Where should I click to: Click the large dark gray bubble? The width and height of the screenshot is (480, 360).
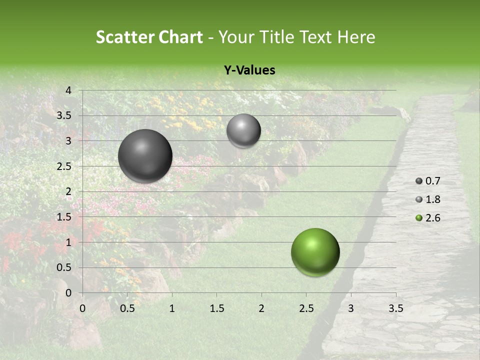[145, 156]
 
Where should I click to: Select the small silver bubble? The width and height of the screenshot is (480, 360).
[243, 130]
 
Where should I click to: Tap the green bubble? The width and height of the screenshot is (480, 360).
[315, 252]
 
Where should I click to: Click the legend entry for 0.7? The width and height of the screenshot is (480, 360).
[428, 181]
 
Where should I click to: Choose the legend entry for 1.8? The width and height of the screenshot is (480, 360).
[428, 199]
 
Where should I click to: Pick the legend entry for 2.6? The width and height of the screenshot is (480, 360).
[428, 218]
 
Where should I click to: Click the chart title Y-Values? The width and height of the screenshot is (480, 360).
[249, 70]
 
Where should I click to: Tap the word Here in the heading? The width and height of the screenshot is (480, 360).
[355, 37]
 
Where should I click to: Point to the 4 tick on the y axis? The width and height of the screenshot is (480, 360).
[68, 90]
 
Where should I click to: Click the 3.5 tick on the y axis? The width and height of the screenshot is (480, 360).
[65, 115]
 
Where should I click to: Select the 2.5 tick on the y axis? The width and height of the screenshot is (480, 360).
[65, 166]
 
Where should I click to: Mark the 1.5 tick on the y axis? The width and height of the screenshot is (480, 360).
[65, 217]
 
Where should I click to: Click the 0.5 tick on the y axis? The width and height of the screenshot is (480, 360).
[65, 267]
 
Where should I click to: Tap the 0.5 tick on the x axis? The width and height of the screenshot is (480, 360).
[127, 308]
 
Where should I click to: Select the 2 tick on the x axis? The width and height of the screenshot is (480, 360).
[261, 308]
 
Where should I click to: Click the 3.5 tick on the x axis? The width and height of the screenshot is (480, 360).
[395, 308]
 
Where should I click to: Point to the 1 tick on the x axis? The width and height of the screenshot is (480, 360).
[172, 308]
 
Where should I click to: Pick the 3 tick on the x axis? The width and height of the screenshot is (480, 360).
[350, 308]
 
